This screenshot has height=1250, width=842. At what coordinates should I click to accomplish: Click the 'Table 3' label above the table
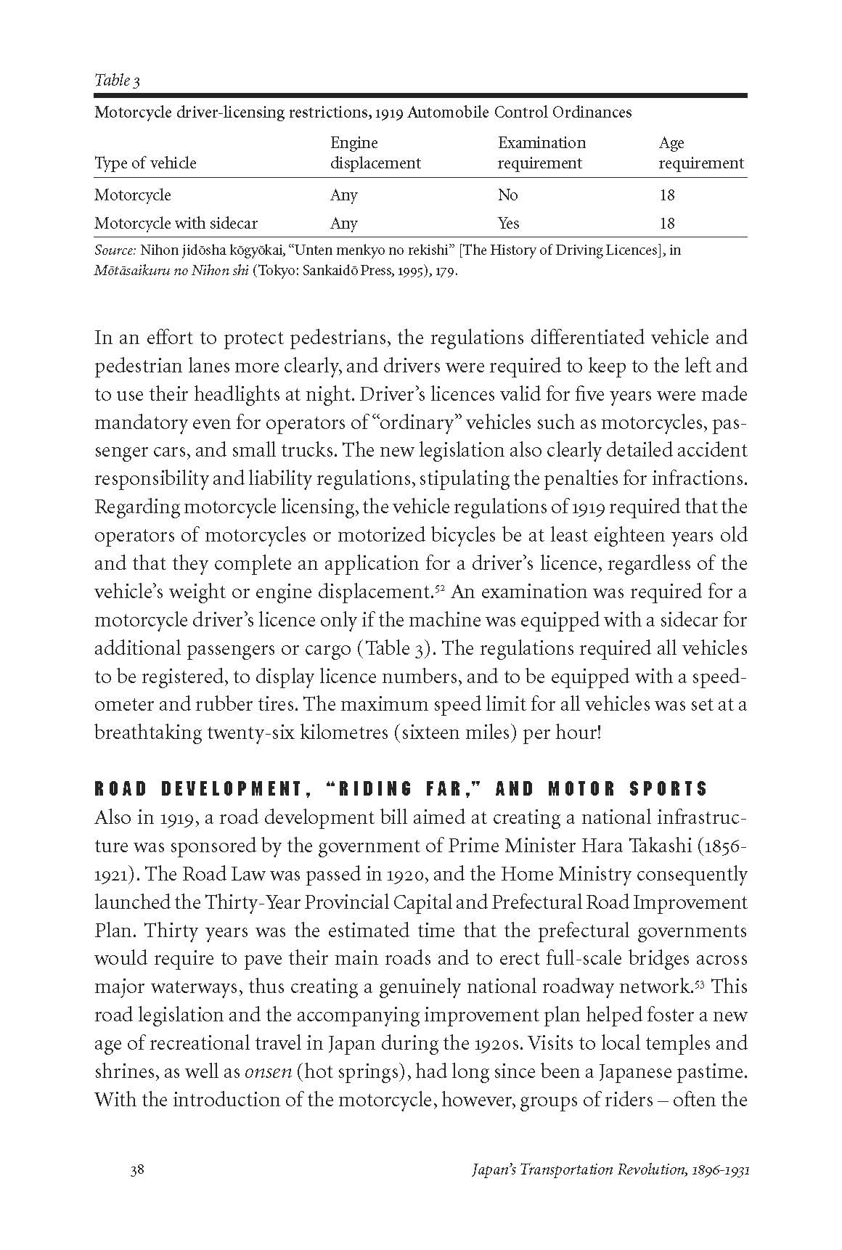click(x=117, y=80)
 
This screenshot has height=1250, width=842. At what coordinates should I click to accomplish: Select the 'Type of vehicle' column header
click(x=145, y=163)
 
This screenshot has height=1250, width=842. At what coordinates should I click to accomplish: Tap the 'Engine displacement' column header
click(x=375, y=153)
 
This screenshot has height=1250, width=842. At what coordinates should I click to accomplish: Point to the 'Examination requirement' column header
click(x=541, y=153)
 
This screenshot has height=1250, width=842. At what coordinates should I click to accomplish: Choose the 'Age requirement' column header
click(x=700, y=153)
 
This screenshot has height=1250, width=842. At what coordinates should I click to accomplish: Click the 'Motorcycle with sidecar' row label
click(x=176, y=223)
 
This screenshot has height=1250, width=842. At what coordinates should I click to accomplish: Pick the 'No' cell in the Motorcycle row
click(x=507, y=195)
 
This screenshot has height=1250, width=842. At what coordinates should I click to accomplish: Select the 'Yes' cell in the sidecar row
click(x=508, y=223)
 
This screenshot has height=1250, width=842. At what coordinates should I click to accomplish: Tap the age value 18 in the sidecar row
click(x=666, y=223)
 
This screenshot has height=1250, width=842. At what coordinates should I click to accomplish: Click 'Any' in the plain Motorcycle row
click(x=343, y=195)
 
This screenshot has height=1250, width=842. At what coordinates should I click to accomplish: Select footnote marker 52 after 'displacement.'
click(x=440, y=586)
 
